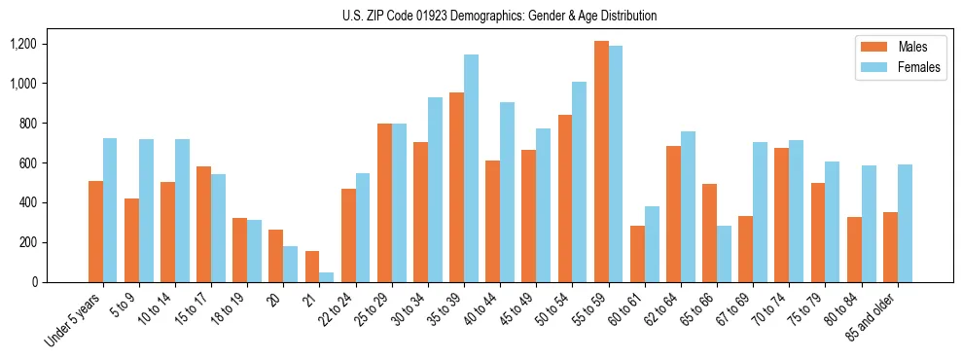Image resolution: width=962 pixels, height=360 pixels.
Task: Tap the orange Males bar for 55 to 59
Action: [x=601, y=162]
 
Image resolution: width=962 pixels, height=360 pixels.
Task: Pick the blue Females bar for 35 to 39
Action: [x=472, y=168]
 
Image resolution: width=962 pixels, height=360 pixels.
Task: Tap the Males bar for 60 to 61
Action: [x=637, y=254]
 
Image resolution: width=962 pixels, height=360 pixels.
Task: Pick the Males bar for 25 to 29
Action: [x=384, y=202]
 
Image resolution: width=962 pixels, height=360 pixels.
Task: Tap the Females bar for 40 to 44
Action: [x=508, y=192]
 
